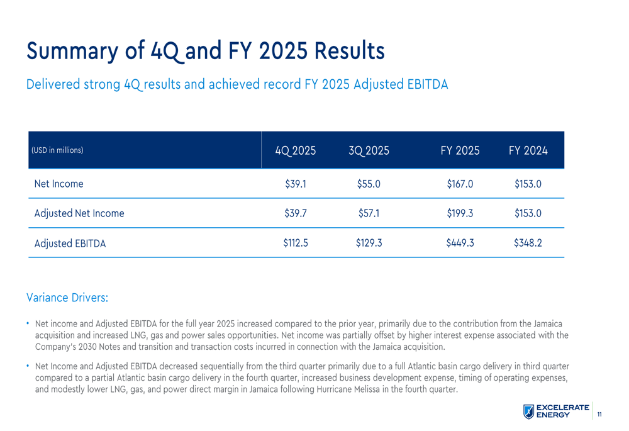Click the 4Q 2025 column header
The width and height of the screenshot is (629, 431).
click(x=295, y=151)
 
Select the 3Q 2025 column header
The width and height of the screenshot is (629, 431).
click(x=369, y=151)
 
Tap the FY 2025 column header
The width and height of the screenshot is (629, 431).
click(x=460, y=151)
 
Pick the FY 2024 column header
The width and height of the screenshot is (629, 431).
click(x=528, y=151)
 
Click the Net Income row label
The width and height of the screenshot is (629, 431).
click(x=58, y=184)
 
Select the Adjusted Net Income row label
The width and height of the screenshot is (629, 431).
click(x=79, y=213)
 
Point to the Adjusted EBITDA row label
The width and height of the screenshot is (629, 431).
click(x=70, y=243)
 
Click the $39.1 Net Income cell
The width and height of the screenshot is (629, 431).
click(x=296, y=184)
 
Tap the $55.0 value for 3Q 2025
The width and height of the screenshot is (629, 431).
click(x=369, y=184)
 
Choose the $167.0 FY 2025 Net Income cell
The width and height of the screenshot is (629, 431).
click(x=460, y=184)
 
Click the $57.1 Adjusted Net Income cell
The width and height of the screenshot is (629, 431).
click(x=369, y=213)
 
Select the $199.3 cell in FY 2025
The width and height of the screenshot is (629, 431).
click(x=460, y=213)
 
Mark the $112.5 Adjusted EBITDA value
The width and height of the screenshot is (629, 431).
click(x=296, y=243)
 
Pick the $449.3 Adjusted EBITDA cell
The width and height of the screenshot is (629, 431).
click(x=460, y=243)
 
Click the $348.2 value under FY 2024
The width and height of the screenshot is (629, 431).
click(x=528, y=243)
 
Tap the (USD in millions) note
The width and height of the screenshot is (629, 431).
click(x=57, y=151)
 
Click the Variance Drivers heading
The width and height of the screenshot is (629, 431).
click(x=67, y=296)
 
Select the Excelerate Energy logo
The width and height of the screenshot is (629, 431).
click(x=556, y=411)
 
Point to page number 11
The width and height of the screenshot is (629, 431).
click(x=599, y=414)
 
